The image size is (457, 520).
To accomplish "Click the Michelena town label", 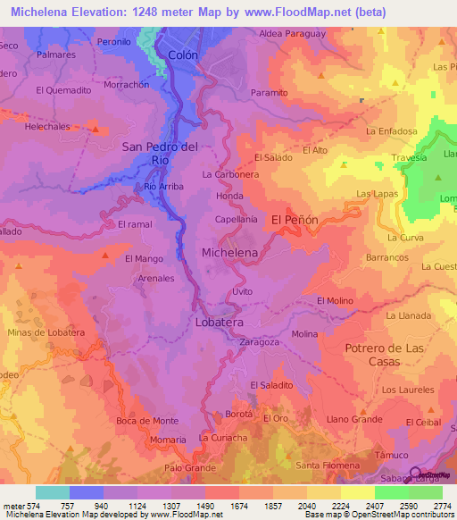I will [x=229, y=253].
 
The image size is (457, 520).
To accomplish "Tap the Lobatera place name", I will [x=220, y=321].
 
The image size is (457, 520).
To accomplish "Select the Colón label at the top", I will [x=181, y=55].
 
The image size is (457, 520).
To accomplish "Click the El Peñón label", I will [x=295, y=219].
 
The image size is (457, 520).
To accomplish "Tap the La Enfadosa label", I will [x=392, y=131].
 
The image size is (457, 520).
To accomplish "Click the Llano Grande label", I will [x=354, y=418].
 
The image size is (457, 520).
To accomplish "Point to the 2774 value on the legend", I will [x=441, y=506].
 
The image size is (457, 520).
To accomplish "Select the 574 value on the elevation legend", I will [x=29, y=506].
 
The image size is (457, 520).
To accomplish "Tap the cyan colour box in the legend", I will [x=52, y=492].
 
